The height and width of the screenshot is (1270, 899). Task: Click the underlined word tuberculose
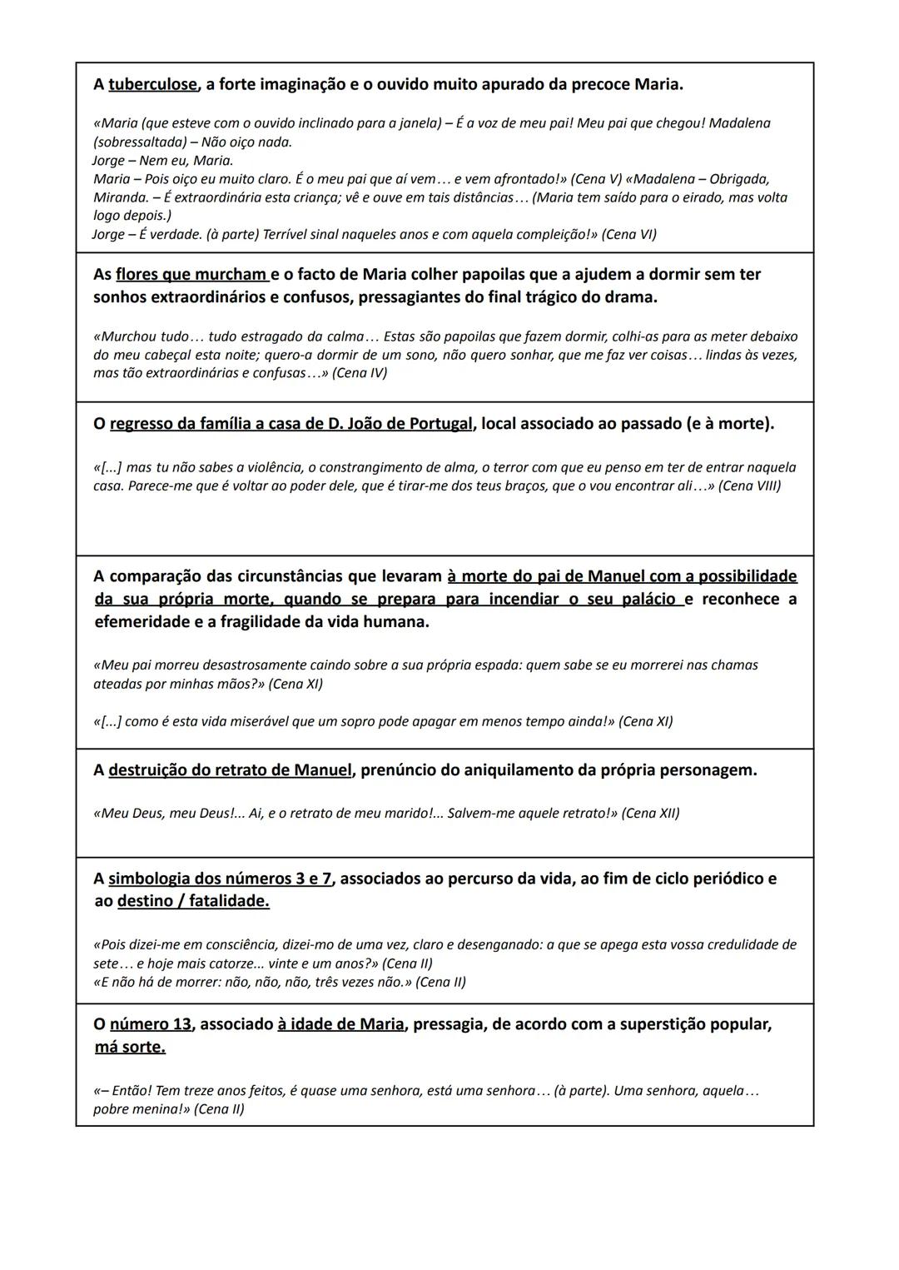[x=153, y=84]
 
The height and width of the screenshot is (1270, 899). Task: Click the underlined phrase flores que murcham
[x=191, y=274]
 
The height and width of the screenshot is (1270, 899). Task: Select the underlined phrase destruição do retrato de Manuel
[x=230, y=769]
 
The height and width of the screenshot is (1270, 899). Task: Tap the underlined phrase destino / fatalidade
[x=193, y=901]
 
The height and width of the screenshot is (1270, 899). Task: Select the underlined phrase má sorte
[x=130, y=1047]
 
